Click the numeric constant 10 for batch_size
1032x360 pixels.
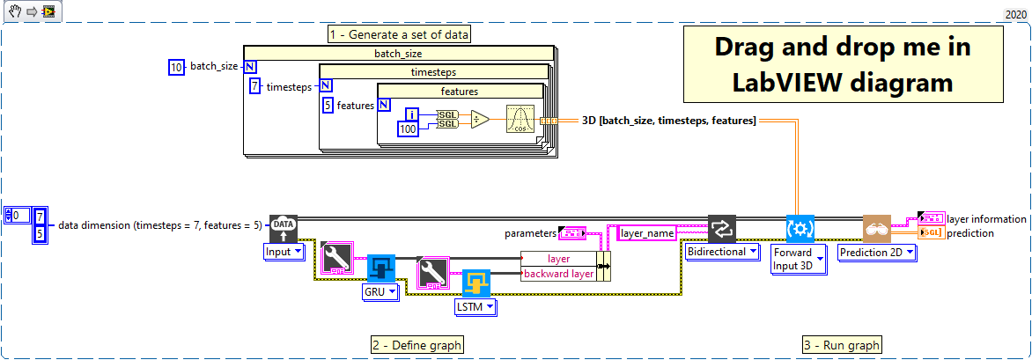click(x=176, y=67)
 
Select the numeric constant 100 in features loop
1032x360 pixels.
click(x=408, y=129)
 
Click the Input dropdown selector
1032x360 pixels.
click(x=284, y=252)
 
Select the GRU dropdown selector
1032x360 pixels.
click(x=381, y=290)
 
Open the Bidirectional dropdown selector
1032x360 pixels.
click(x=722, y=252)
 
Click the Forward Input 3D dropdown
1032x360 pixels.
click(x=798, y=260)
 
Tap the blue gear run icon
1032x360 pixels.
click(x=800, y=228)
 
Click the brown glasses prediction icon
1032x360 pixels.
click(x=877, y=228)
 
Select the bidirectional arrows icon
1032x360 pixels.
click(x=722, y=228)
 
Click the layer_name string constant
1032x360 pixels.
click(x=648, y=233)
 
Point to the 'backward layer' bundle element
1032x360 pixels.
click(x=557, y=274)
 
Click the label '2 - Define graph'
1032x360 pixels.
click(x=416, y=345)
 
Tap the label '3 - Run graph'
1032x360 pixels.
click(x=841, y=345)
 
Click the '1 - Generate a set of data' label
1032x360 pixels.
click(x=399, y=34)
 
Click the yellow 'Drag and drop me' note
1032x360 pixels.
click(x=843, y=63)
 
